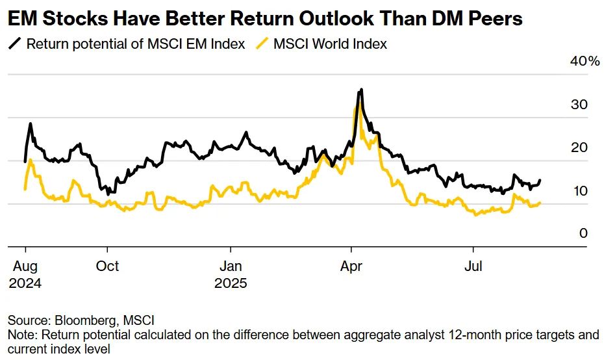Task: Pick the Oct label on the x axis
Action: click(107, 266)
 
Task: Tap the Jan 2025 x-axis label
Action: click(231, 274)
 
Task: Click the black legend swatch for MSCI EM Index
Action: click(14, 44)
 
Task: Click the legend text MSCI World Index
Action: click(330, 44)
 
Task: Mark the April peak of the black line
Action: click(361, 90)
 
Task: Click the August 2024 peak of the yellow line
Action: click(31, 160)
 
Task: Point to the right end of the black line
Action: click(540, 180)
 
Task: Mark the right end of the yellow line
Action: click(540, 203)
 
